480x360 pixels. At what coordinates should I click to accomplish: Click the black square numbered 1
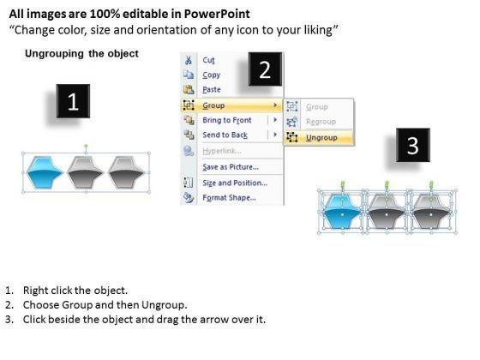73,101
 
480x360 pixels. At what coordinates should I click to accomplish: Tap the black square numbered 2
265,69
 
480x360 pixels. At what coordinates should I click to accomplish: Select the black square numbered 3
413,145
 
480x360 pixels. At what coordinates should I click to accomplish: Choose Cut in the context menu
208,60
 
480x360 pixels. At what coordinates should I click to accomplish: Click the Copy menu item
211,75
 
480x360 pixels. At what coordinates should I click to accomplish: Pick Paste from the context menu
212,89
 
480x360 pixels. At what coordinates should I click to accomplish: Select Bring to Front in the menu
227,120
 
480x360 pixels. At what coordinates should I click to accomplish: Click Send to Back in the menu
225,135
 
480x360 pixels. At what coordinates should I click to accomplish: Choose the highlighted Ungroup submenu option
321,138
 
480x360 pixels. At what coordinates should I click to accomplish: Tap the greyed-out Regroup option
321,122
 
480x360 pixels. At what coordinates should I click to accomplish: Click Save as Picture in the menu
231,167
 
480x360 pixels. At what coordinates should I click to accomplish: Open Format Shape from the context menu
229,197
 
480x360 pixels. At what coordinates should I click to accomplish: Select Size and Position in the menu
235,183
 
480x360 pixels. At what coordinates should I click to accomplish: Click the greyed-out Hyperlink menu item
222,151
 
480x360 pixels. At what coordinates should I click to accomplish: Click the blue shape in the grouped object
45,172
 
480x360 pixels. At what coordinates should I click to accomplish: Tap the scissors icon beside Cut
189,60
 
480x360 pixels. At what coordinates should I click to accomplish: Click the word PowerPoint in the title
217,14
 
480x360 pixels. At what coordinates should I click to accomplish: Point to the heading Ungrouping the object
81,53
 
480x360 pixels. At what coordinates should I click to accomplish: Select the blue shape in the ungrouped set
342,212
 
